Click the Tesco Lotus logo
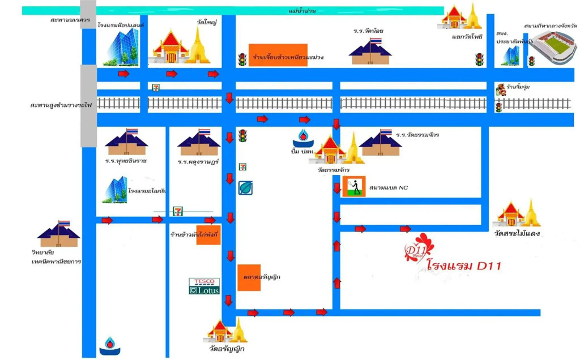[204, 286]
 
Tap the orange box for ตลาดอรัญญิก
[249, 277]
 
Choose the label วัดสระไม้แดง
[517, 233]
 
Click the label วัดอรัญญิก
[227, 349]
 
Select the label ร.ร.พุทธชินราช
[126, 161]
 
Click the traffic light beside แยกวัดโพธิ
[479, 59]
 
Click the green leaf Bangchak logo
[245, 187]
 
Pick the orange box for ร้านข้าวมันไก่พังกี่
[208, 235]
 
